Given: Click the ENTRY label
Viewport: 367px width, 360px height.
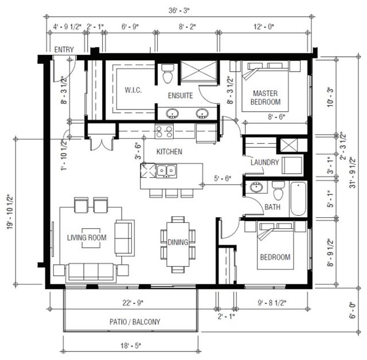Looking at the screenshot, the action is click(x=64, y=50).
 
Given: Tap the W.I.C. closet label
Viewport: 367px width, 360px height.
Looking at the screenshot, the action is click(x=133, y=90).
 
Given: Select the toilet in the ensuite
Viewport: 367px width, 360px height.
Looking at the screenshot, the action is click(x=167, y=73).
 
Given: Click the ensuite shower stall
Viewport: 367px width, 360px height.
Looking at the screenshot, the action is click(x=199, y=71).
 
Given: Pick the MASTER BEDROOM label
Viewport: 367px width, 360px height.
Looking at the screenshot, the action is click(x=266, y=97).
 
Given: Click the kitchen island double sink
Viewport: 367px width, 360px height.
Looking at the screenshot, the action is click(x=166, y=170).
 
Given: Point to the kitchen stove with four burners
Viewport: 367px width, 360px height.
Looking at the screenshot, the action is click(x=164, y=132).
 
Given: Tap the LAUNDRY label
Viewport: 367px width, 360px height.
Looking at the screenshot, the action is click(x=265, y=162).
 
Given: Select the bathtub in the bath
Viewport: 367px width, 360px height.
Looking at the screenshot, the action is click(x=298, y=199).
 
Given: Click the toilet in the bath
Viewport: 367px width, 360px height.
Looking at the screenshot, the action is click(x=278, y=190).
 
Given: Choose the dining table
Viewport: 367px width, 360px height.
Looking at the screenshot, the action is click(x=178, y=244).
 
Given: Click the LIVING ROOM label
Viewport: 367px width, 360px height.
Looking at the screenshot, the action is click(x=87, y=238).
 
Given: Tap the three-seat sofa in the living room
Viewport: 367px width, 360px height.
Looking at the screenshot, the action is click(x=91, y=272).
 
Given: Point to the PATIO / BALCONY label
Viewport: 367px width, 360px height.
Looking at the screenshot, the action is click(x=135, y=322).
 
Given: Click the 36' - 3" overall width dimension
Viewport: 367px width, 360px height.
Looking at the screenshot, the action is click(x=179, y=11).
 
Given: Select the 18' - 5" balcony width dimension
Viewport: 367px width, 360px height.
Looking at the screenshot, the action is click(x=131, y=346).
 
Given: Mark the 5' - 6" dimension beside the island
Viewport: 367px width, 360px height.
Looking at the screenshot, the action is click(x=222, y=178).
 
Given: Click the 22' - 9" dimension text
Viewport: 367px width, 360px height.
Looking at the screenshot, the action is click(x=133, y=303).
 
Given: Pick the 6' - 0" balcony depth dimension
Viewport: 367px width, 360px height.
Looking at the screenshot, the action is click(x=352, y=310).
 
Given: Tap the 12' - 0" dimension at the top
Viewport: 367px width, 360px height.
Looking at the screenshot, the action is click(x=264, y=27).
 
